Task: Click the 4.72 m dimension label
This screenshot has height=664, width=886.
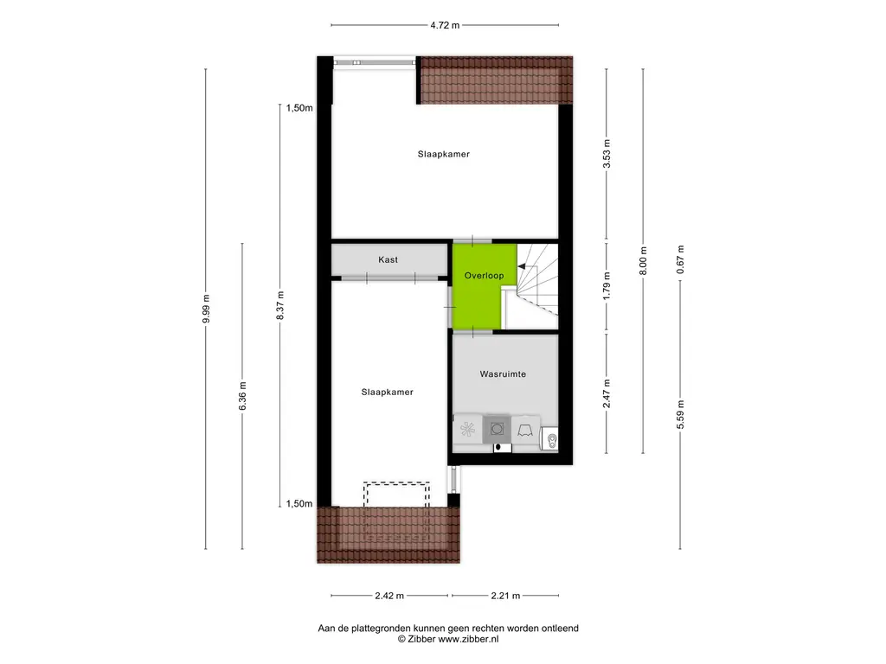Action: coord(445,25)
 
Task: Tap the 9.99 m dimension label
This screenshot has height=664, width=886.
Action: coord(206,309)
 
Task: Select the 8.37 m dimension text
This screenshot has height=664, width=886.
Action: coord(280,305)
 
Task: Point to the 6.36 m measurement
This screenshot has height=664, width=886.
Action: coord(242,396)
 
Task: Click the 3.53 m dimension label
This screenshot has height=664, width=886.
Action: coord(607,154)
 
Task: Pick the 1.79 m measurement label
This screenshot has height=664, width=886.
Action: coord(607,286)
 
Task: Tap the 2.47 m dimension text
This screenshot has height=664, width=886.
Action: coord(607,393)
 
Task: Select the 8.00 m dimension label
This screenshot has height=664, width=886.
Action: coord(643,261)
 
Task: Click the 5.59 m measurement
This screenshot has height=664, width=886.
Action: coord(680,414)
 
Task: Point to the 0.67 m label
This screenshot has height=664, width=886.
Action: coord(680,259)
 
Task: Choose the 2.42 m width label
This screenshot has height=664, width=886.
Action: coord(389,596)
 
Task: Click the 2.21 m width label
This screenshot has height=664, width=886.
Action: coord(505,596)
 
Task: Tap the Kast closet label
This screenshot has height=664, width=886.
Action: coord(388,259)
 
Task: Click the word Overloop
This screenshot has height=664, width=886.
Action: coord(485,276)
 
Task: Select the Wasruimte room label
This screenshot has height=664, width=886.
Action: coord(503,373)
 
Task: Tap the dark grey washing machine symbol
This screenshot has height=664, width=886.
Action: coord(497,429)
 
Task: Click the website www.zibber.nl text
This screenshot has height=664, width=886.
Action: coord(468,639)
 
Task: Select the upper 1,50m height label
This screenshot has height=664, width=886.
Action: coord(299,108)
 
